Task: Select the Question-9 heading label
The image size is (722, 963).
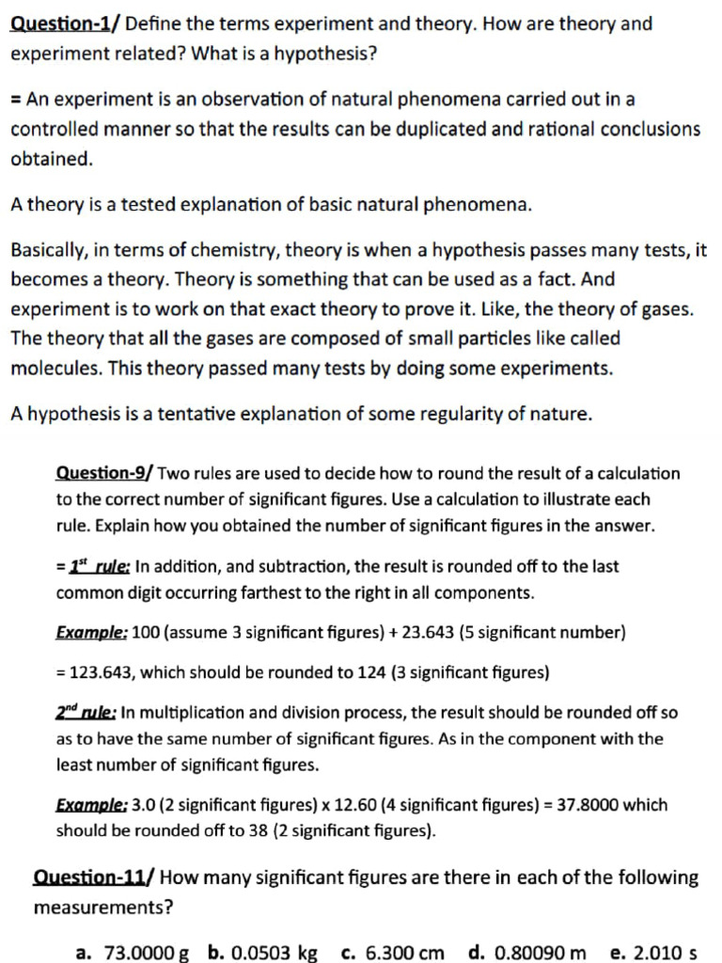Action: pos(104,473)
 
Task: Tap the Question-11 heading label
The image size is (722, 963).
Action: pos(94,878)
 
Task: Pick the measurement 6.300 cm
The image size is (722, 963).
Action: pos(403,953)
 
